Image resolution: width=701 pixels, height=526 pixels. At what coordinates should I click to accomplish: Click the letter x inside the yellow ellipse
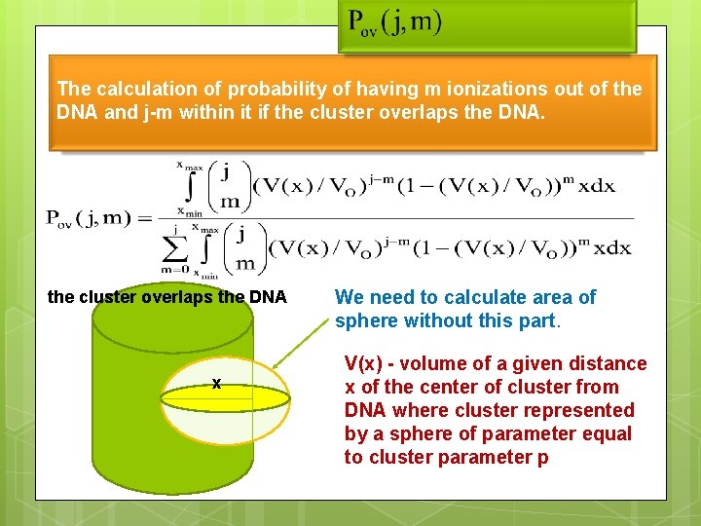coord(216,385)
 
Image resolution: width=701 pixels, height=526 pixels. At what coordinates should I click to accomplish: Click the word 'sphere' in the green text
coord(365,320)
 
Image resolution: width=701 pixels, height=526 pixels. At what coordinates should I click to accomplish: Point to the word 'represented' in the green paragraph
coord(584,410)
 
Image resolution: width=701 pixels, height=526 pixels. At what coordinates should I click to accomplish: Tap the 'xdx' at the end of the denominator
coord(612,248)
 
